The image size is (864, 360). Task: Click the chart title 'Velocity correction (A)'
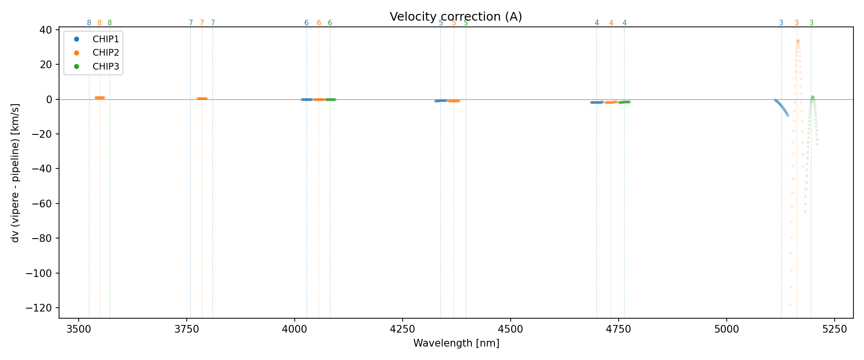pyautogui.click(x=456, y=17)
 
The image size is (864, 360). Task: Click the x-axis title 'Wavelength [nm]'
pyautogui.click(x=456, y=343)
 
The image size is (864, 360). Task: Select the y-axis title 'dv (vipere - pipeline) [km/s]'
pyautogui.click(x=15, y=173)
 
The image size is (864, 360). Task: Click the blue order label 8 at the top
pyautogui.click(x=89, y=23)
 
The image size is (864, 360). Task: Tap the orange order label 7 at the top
pyautogui.click(x=202, y=23)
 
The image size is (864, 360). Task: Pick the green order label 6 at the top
pyautogui.click(x=330, y=23)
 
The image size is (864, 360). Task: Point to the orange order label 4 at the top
pyautogui.click(x=611, y=23)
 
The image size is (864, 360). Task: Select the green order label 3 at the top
pyautogui.click(x=811, y=23)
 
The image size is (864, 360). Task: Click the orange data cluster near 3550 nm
pyautogui.click(x=100, y=98)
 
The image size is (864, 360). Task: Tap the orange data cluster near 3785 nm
pyautogui.click(x=202, y=99)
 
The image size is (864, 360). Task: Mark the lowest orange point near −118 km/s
pyautogui.click(x=790, y=305)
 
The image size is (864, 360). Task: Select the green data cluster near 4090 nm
pyautogui.click(x=330, y=99)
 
